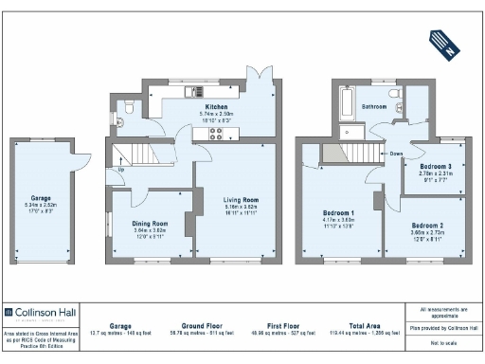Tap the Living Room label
click(242, 200)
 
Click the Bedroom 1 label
click(338, 213)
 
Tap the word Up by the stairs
click(120, 171)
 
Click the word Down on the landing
click(396, 153)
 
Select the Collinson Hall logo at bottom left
click(39, 311)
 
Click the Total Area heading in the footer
click(364, 323)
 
